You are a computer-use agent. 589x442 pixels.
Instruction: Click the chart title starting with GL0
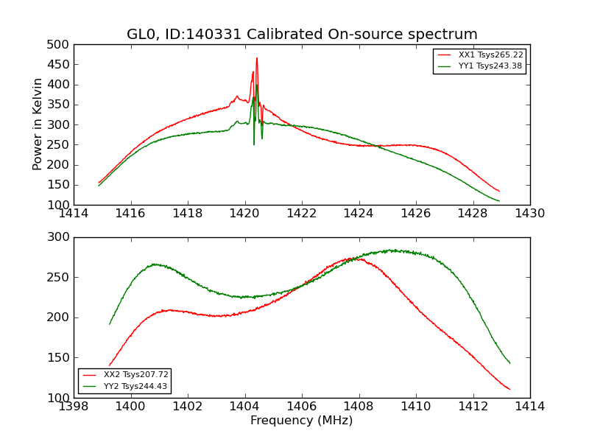click(x=302, y=35)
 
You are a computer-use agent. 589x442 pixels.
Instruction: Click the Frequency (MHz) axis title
click(x=302, y=421)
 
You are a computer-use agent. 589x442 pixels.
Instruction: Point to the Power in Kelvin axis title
click(x=38, y=124)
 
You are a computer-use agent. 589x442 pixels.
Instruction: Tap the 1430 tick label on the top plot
click(x=529, y=214)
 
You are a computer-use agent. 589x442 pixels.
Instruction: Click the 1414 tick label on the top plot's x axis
click(x=74, y=214)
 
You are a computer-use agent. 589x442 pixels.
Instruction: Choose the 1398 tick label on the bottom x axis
click(x=74, y=407)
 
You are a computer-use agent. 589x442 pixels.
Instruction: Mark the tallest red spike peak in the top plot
click(x=256, y=58)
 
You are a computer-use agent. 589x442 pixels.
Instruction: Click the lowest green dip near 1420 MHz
click(x=254, y=144)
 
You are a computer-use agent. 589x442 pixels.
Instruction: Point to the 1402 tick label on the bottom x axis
click(x=188, y=407)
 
